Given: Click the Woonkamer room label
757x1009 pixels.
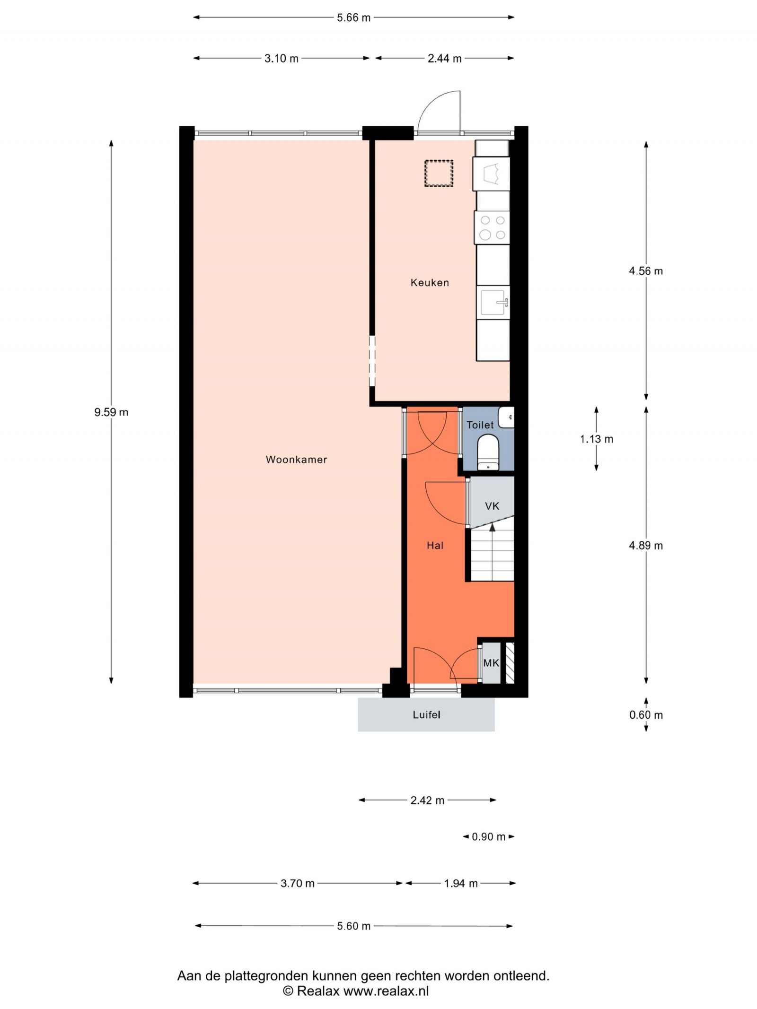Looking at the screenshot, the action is (x=296, y=460).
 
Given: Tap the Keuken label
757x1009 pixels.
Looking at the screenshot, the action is (x=430, y=283).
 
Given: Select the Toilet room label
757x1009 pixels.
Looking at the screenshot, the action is (x=480, y=425).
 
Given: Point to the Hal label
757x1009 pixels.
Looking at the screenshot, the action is (x=435, y=546).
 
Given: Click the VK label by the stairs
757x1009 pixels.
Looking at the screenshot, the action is (x=492, y=506).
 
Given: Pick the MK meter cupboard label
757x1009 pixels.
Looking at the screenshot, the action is (x=491, y=663).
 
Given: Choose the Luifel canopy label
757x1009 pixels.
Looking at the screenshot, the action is (x=426, y=715).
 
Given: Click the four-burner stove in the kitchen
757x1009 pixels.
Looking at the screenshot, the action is (x=492, y=227).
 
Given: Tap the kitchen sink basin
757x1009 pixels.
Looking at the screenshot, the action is (x=493, y=303).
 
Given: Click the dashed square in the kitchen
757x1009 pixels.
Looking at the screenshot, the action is (x=439, y=174).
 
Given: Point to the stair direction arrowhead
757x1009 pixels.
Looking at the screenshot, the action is (x=492, y=526).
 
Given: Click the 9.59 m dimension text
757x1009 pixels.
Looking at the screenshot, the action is (x=111, y=412).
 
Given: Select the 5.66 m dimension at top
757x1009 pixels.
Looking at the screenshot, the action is (x=353, y=18).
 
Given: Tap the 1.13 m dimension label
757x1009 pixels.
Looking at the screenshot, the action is (x=597, y=439).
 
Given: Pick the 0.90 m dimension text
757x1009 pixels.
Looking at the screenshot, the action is (x=489, y=837).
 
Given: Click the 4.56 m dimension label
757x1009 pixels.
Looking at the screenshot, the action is (x=646, y=271).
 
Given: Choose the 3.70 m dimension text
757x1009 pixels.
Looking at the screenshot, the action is (x=298, y=883).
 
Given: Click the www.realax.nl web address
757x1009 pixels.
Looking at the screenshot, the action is (x=386, y=991).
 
